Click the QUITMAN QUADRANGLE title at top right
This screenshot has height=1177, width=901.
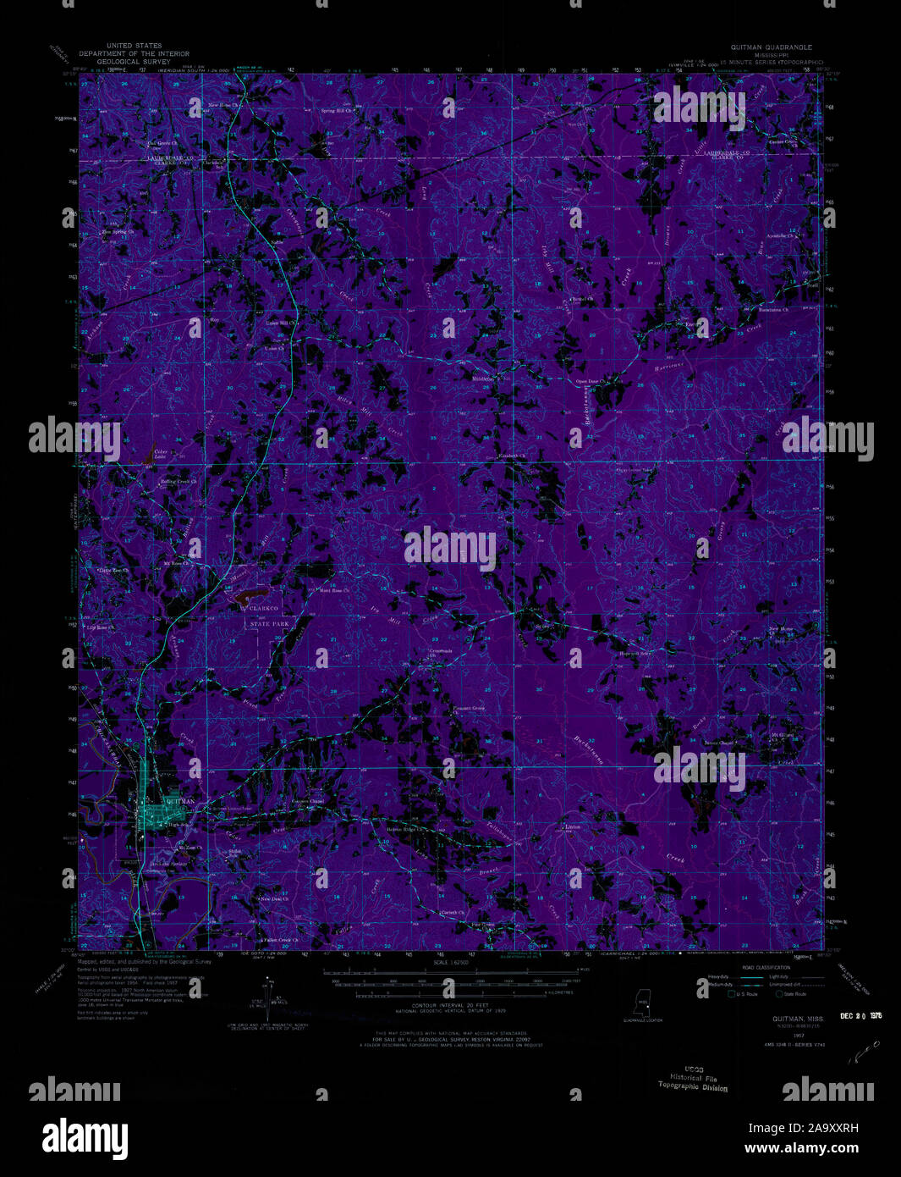(x=765, y=47)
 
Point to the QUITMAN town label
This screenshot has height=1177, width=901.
(x=181, y=801)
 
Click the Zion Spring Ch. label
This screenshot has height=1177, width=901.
(x=118, y=231)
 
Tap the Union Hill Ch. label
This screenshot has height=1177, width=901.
(x=283, y=323)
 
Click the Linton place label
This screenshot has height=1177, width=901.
(x=573, y=826)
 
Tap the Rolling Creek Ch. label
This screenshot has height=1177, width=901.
(x=179, y=482)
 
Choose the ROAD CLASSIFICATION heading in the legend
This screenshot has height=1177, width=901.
(x=766, y=967)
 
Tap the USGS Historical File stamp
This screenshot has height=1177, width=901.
(x=693, y=1080)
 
